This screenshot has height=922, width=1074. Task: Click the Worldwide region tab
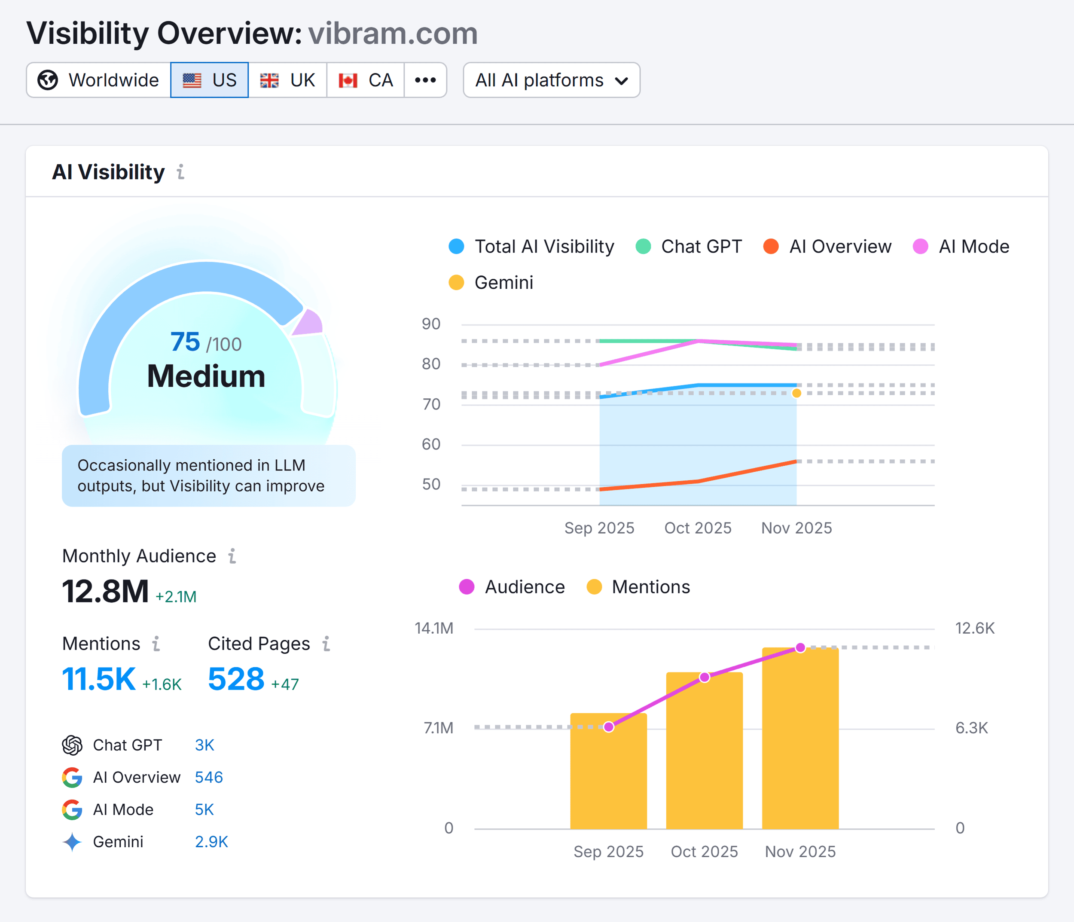coord(98,80)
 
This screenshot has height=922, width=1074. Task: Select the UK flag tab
coord(288,80)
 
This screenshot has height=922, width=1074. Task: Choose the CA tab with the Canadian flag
coord(366,80)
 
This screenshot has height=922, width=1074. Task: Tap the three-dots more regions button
coord(425,80)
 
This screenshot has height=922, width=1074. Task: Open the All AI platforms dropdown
coord(551,80)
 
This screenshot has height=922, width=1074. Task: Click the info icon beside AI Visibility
coord(180,171)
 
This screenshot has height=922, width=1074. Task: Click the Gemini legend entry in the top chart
coord(491,282)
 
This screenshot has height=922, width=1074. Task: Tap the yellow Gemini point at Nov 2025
coord(796,394)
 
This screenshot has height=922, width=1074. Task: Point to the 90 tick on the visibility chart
coord(431,324)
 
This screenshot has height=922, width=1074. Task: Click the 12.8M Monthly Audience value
coord(105,591)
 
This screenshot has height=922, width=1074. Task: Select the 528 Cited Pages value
coord(236,679)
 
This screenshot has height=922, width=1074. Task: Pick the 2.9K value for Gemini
coord(211,842)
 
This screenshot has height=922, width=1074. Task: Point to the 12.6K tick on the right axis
coord(974,628)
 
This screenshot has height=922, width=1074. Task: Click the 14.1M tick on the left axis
coord(434,628)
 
